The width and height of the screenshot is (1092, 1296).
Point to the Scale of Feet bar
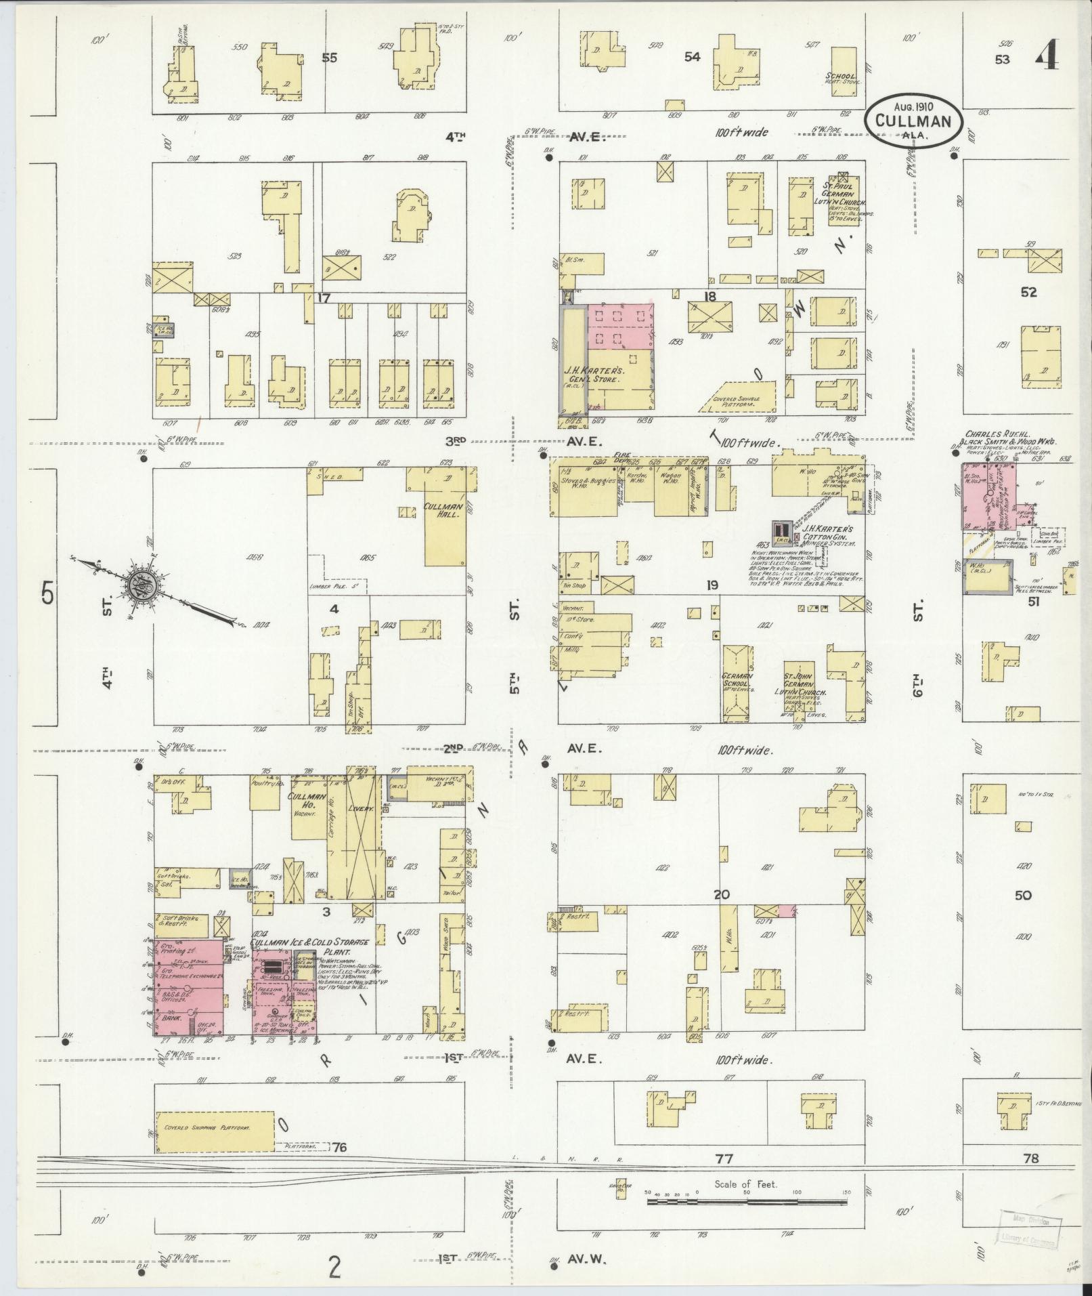pyautogui.click(x=746, y=728)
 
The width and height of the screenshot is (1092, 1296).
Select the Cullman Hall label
pyautogui.click(x=443, y=510)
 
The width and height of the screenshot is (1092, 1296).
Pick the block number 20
pyautogui.click(x=722, y=894)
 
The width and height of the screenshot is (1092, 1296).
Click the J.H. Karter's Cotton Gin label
pyautogui.click(x=828, y=532)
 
